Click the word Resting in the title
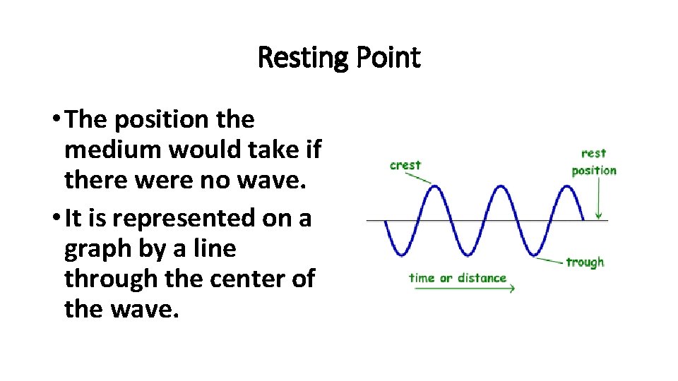point(300,58)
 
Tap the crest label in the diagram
point(405,165)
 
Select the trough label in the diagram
point(585,262)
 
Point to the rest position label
point(594,162)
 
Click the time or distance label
point(458,277)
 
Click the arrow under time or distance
point(463,288)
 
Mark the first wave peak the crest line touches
point(435,187)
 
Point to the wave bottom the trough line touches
point(535,255)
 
